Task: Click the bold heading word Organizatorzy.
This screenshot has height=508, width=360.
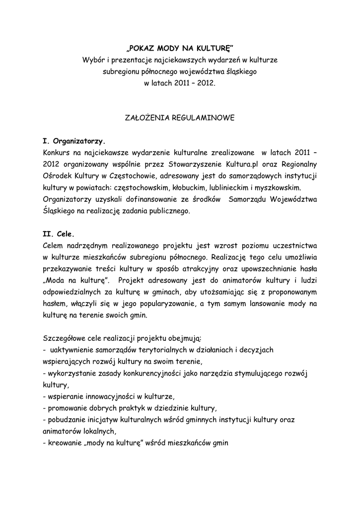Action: [79, 141]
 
